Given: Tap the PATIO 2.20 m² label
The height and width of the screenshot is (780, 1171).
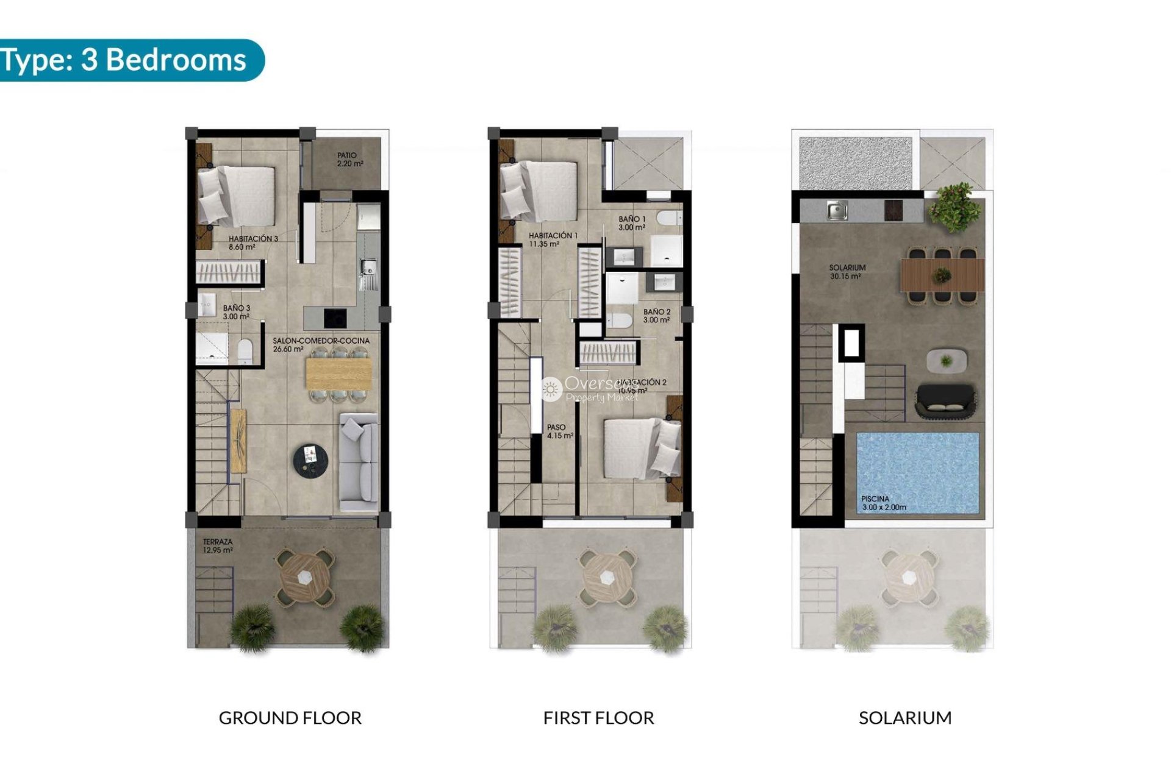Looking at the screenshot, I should pos(349,160).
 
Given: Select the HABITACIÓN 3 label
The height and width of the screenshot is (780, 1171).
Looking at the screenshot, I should pos(252,243).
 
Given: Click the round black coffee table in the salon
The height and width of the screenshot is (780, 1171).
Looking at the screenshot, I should pos(310,459).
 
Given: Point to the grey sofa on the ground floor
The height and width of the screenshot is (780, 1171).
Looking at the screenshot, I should pos(359,461).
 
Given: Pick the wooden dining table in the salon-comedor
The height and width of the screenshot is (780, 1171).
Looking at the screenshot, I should pos(338,374).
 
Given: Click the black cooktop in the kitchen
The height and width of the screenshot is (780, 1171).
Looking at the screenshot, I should pos(334,317).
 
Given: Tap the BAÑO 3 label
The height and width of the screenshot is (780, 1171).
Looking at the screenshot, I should pos(236,312).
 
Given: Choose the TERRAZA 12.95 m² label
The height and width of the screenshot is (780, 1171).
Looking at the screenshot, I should pos(218,545).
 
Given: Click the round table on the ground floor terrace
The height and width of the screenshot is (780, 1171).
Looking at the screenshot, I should pos(305,576).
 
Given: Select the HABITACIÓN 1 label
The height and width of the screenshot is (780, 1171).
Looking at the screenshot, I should pos(553,239).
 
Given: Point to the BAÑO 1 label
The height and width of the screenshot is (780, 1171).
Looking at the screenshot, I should pos(631,223).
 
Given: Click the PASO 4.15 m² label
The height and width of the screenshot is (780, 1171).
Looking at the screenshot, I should pos(559,431).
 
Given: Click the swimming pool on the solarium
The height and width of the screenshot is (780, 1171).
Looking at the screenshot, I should pos(917,472).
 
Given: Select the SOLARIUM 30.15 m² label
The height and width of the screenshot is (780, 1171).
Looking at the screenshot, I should pos(847,272).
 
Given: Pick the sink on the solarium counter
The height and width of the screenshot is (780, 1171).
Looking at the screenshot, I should pos(837,211).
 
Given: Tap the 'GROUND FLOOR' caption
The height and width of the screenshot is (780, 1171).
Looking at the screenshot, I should pos(290,718).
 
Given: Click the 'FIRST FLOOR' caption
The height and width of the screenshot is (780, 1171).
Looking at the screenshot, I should pos(598,718).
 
